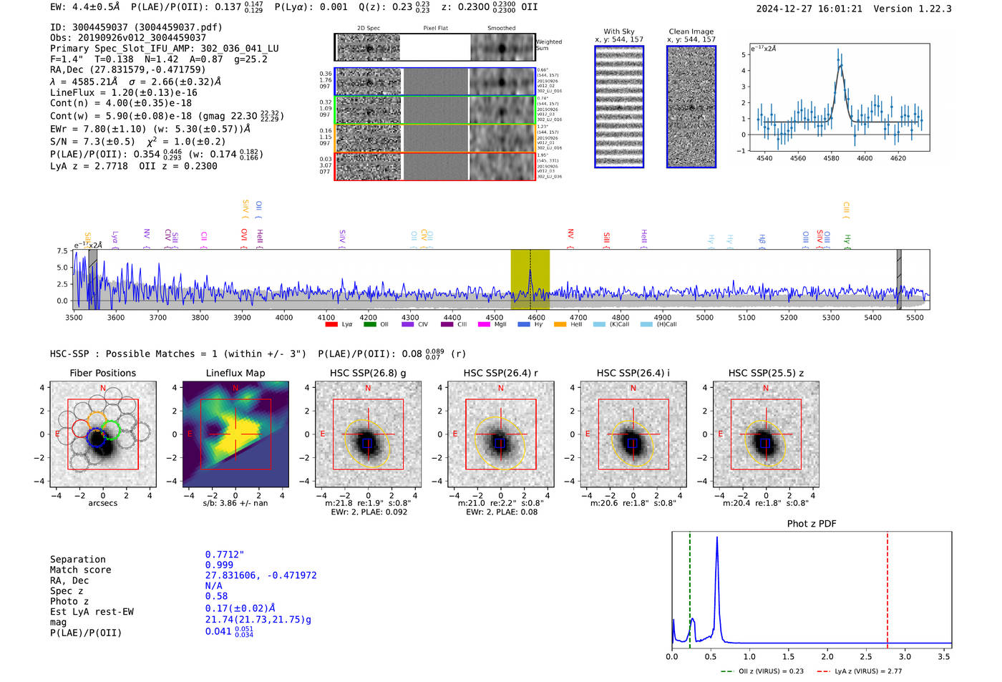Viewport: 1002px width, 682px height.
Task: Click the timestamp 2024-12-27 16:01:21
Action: point(809,9)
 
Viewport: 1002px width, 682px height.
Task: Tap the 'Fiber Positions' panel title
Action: point(102,373)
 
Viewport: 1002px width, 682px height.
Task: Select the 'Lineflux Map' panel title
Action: point(235,373)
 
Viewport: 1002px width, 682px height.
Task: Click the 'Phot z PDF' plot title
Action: point(811,524)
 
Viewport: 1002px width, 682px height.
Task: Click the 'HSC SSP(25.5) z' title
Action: point(766,373)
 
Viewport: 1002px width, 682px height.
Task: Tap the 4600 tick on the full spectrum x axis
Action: point(536,318)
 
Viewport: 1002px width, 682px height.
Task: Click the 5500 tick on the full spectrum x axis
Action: point(915,318)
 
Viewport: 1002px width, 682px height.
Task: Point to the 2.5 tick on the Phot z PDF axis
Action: point(866,656)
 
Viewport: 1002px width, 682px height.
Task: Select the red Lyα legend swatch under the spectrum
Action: point(331,325)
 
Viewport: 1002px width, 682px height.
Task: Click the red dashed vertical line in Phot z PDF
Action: point(887,587)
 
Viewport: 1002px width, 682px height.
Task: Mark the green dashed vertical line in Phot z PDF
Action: point(690,587)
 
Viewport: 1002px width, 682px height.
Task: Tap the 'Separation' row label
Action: point(77,560)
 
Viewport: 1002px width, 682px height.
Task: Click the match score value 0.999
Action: point(219,565)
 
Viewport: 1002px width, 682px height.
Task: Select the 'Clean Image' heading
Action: point(691,31)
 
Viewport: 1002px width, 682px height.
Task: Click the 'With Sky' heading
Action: point(618,31)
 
